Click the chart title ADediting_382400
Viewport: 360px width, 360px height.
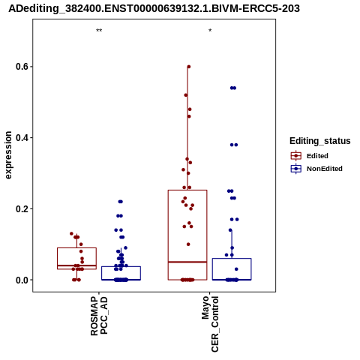coord(154,9)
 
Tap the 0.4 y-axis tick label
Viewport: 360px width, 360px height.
coord(22,138)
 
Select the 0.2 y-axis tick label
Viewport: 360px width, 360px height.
coord(22,208)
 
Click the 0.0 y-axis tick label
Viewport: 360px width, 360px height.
coord(22,280)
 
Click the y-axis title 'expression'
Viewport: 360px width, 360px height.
coord(8,155)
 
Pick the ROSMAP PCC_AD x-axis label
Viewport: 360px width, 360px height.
coord(99,316)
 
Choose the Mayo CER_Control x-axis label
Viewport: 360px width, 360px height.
coord(210,324)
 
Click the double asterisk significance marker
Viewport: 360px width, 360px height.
coord(99,31)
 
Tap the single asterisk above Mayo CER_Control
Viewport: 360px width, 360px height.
coord(210,31)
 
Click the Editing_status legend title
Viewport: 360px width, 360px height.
coord(320,141)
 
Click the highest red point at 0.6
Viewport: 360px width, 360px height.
coord(189,67)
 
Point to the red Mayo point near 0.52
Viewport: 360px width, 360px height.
coord(186,95)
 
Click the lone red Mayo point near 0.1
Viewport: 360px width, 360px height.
coord(188,244)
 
